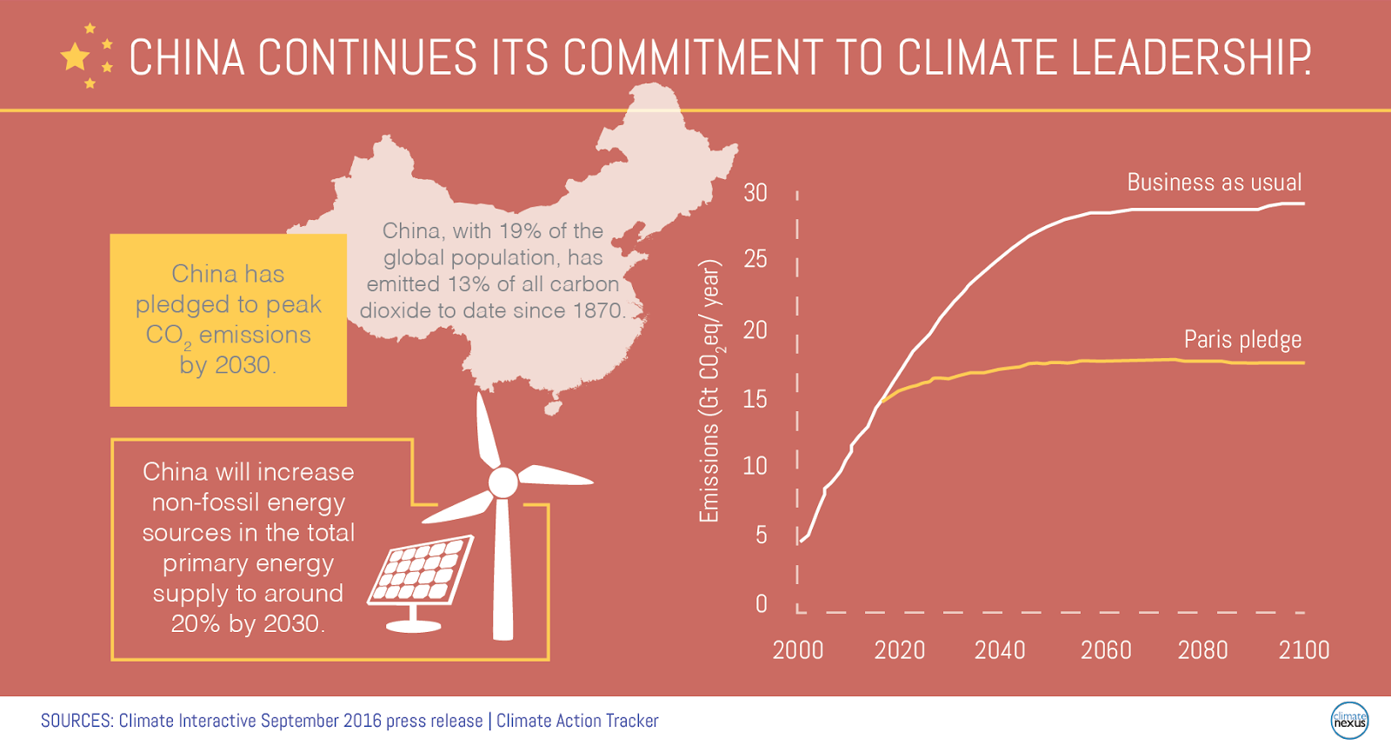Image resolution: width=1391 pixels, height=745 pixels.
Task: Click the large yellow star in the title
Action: coord(76,57)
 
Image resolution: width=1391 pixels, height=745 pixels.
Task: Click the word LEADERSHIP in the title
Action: coord(1190,58)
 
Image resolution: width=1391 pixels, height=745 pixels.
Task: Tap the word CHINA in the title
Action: coord(187,58)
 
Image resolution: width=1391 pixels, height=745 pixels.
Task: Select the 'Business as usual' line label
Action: coord(1214,183)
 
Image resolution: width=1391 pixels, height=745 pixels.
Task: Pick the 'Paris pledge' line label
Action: coord(1242,339)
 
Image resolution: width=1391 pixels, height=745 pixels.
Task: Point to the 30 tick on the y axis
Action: coord(755,193)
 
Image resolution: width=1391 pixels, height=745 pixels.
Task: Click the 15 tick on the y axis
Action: coord(755,399)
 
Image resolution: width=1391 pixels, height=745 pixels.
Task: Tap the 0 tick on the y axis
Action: coord(762,603)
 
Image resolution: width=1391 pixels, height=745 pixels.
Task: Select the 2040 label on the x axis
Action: coord(1000,650)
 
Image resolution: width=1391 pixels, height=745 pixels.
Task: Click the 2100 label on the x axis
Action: coord(1303,650)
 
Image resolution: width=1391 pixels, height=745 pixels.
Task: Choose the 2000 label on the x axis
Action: coord(798,650)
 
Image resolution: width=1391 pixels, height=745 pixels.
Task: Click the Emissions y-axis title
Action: coord(710,391)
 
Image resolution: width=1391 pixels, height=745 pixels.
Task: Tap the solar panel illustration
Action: coord(421,572)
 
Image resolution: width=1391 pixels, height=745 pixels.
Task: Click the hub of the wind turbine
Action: coord(502,482)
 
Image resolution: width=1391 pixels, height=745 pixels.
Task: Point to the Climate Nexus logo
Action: coord(1349,721)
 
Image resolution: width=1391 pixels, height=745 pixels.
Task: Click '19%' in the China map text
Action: coord(521,231)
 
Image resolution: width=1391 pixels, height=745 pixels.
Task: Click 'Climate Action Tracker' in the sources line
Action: coord(577,721)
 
